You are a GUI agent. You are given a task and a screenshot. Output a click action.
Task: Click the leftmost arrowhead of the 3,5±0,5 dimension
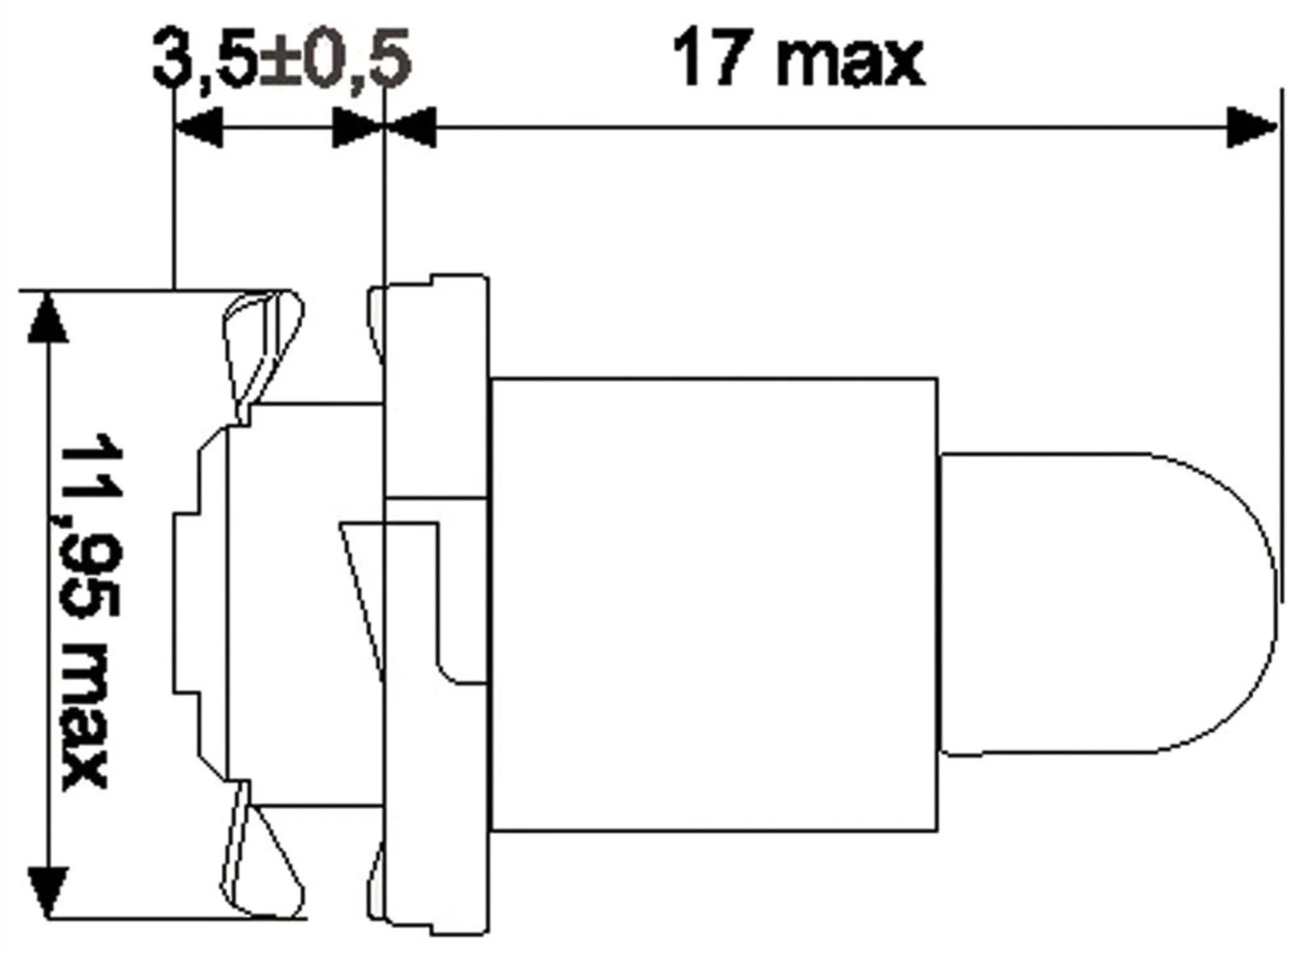(199, 127)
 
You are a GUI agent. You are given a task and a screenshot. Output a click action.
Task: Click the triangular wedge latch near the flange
(362, 588)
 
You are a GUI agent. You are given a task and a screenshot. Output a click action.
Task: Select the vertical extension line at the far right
(1281, 342)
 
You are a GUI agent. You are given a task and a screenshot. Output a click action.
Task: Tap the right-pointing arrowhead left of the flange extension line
(355, 127)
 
